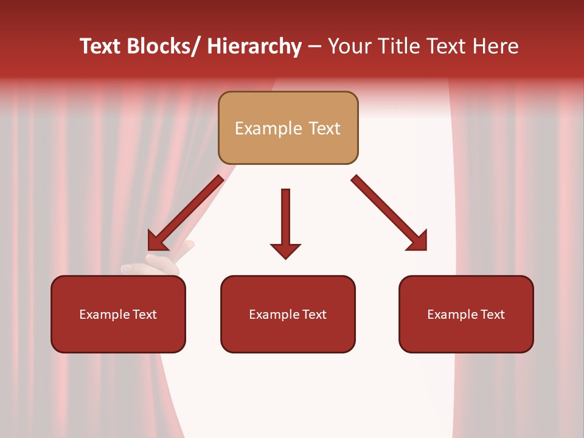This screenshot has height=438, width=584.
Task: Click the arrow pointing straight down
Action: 285,222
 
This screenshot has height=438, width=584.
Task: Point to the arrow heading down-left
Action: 186,213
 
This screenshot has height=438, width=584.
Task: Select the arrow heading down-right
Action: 389,213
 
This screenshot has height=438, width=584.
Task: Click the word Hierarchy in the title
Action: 254,46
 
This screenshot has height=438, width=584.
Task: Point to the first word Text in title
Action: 101,46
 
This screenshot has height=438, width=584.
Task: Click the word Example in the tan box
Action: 268,128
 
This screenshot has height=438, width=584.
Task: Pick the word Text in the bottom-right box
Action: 492,315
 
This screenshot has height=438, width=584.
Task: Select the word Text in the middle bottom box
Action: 314,315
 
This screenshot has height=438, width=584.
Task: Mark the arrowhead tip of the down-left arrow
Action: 150,249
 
